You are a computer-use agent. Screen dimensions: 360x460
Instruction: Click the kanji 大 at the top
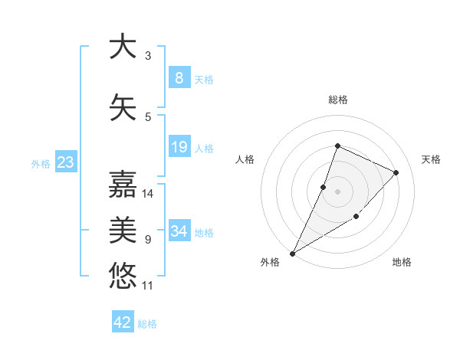coord(123,47)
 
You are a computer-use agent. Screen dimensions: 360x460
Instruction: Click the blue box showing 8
coord(179,78)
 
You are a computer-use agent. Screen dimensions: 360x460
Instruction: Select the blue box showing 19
coord(179,147)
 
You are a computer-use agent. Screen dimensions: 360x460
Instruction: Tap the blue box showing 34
coord(179,231)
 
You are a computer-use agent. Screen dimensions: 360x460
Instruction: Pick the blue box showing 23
coord(65,162)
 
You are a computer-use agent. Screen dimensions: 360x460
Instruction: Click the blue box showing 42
coord(123,322)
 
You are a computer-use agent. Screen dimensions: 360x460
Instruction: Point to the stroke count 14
coord(148,194)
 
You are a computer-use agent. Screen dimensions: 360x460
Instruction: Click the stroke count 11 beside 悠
coord(148,286)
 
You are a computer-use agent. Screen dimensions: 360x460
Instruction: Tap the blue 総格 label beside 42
coord(147,324)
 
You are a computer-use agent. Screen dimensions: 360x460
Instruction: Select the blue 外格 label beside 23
coord(41,163)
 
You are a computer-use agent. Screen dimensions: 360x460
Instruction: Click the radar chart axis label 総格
coord(337,100)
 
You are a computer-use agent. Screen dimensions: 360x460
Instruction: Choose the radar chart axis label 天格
coord(432,159)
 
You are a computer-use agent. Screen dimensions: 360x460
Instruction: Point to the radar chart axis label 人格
coord(245,159)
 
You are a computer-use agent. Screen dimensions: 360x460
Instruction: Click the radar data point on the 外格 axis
coord(292,253)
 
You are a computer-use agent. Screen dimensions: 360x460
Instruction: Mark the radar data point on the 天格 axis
coord(396,172)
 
